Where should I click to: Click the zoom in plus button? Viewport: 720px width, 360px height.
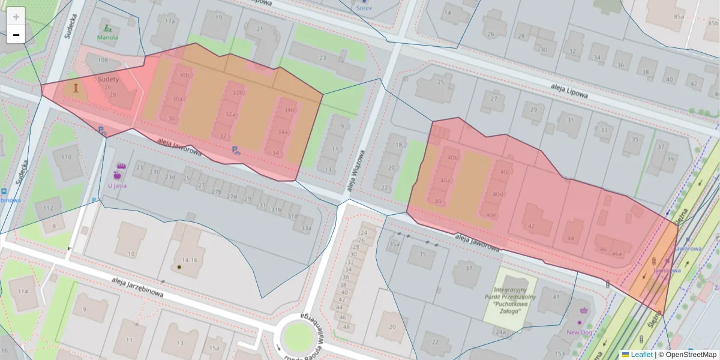[16, 17]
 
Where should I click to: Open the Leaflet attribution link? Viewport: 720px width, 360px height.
[640, 355]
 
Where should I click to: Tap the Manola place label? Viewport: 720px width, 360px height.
[108, 37]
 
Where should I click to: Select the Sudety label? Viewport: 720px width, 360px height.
[108, 79]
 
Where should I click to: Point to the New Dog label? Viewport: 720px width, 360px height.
[579, 332]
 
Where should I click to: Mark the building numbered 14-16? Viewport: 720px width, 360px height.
[190, 260]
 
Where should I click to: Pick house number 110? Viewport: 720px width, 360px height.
[65, 157]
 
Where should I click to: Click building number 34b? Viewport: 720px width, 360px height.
[290, 110]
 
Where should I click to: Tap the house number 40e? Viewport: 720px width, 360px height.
[491, 215]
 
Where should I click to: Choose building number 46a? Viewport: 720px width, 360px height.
[616, 254]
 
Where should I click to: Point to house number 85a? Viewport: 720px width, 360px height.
[679, 17]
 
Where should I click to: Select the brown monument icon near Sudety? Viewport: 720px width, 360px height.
[76, 88]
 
